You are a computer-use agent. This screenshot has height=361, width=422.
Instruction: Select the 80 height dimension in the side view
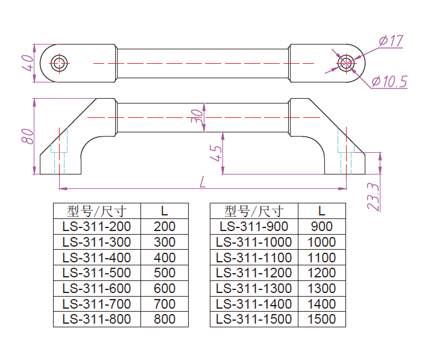[27, 135]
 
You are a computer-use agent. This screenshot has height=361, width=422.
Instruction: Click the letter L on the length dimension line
[203, 181]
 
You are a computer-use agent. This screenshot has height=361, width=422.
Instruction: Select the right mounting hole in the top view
[345, 63]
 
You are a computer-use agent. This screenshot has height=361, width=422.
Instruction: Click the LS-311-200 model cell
[96, 227]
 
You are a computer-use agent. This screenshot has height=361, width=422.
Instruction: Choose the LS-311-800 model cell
[96, 319]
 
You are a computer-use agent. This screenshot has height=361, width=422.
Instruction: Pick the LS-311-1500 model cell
[254, 319]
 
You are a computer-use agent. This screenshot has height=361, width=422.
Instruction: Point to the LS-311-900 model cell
[254, 227]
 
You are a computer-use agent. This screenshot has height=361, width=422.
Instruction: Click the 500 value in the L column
[165, 273]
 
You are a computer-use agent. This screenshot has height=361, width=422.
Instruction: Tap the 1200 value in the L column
[322, 273]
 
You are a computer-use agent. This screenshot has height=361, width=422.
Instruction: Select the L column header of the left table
[165, 211]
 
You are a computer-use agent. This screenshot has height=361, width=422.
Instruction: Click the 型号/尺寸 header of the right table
[254, 211]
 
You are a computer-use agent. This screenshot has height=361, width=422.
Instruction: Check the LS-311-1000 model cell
[254, 242]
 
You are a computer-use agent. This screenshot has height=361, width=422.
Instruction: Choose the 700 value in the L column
[165, 303]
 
